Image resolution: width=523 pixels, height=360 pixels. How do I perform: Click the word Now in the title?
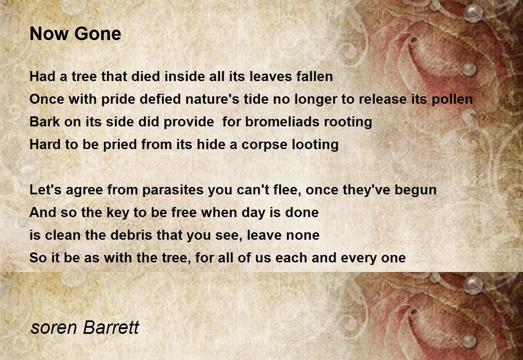point(48,34)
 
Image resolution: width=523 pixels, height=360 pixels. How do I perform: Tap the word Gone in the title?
point(98,34)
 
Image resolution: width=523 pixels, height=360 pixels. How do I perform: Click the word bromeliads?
point(282,122)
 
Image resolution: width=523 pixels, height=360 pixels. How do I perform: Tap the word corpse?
point(264,145)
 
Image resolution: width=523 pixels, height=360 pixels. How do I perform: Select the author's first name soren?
point(54,328)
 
